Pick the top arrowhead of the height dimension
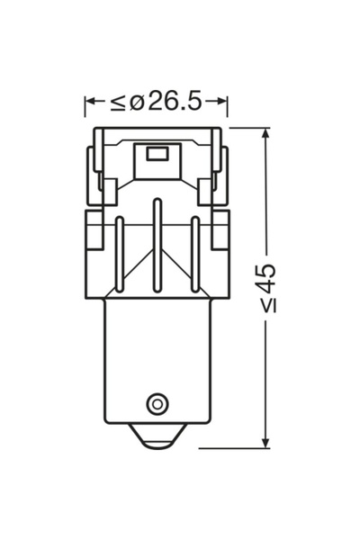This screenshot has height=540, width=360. [x=265, y=133]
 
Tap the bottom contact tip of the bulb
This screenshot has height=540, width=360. [x=157, y=436]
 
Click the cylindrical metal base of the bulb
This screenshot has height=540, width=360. [x=157, y=360]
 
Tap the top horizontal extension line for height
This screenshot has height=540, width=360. [x=247, y=127]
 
